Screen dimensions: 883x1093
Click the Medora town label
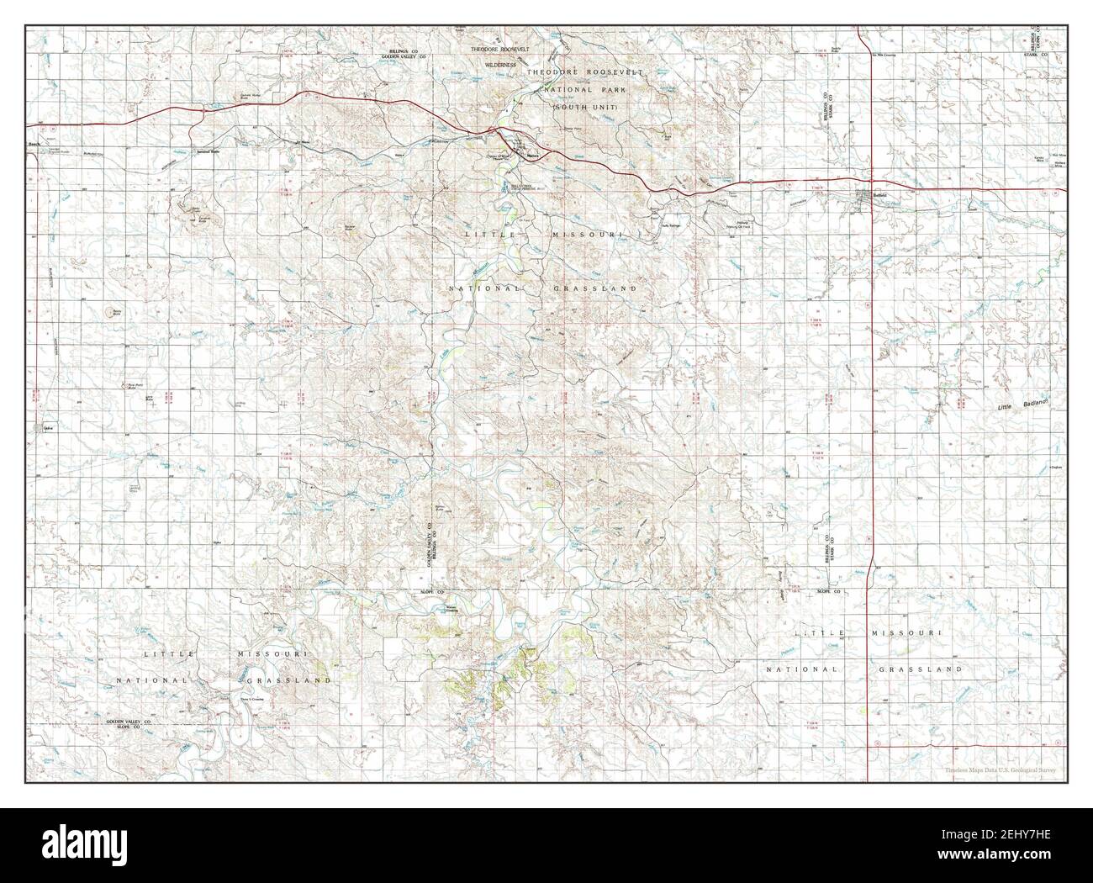(531, 156)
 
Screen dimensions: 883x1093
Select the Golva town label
(47, 427)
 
